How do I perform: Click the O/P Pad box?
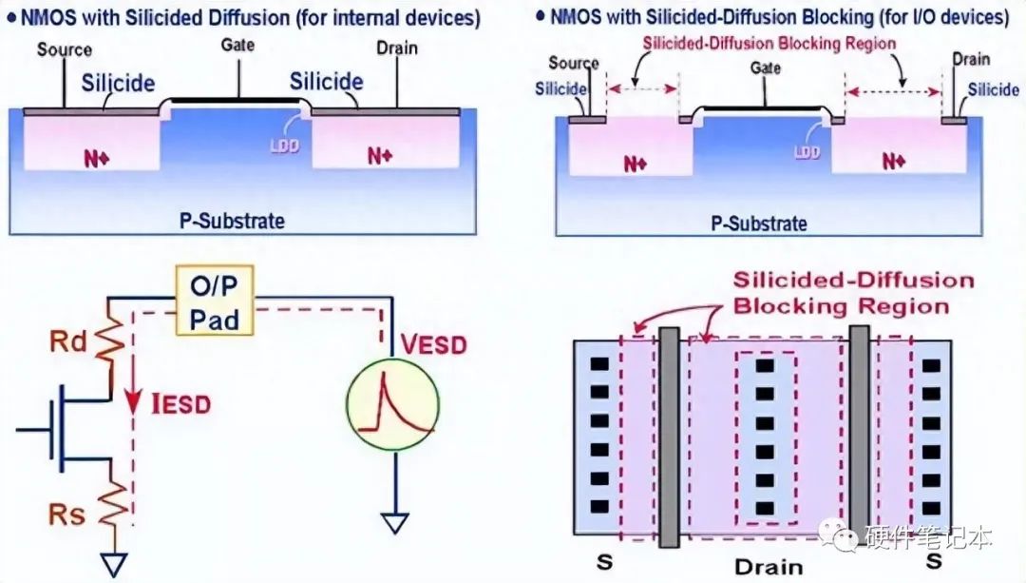(x=214, y=300)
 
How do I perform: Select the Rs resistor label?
(x=66, y=515)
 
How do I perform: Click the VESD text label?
(x=434, y=344)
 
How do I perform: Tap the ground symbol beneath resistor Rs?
(x=116, y=565)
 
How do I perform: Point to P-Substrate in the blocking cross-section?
(x=759, y=223)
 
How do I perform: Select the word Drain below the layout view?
(x=769, y=567)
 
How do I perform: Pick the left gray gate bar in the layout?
(x=669, y=437)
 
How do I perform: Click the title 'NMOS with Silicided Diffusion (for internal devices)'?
(x=250, y=18)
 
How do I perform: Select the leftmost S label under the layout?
(x=604, y=561)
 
